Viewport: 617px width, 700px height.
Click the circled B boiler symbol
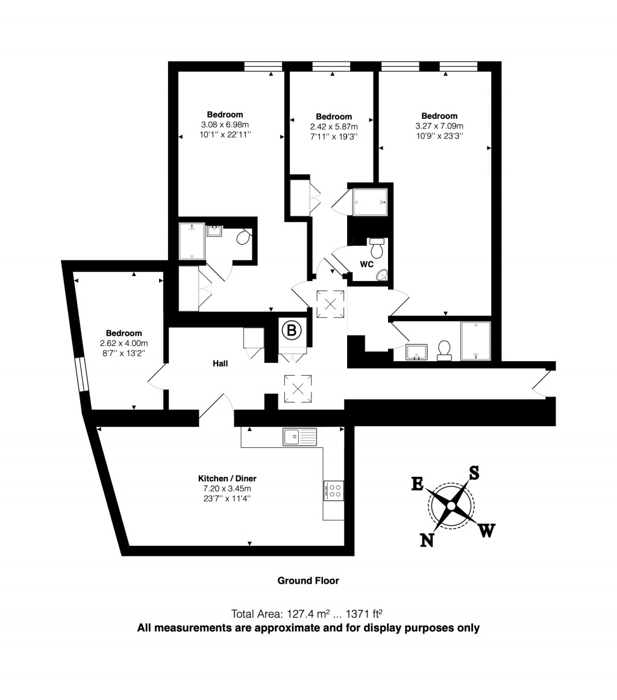tap(292, 330)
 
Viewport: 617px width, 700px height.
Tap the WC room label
tap(367, 264)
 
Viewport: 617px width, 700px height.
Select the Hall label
tap(220, 364)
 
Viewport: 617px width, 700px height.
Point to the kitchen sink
tap(299, 436)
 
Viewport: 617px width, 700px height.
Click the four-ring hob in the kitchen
tap(333, 490)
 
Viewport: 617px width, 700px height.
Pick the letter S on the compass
tap(474, 473)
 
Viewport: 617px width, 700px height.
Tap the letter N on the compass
tap(427, 540)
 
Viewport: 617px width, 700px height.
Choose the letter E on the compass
tap(417, 484)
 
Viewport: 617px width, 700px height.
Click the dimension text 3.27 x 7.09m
tap(439, 126)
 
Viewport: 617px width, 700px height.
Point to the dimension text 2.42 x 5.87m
tap(334, 127)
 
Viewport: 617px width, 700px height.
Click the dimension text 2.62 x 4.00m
tap(124, 343)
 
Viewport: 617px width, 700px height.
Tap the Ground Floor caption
tap(308, 581)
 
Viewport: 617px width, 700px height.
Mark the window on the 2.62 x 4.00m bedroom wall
tap(80, 375)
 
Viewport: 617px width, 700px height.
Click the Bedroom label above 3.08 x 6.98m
tap(225, 115)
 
